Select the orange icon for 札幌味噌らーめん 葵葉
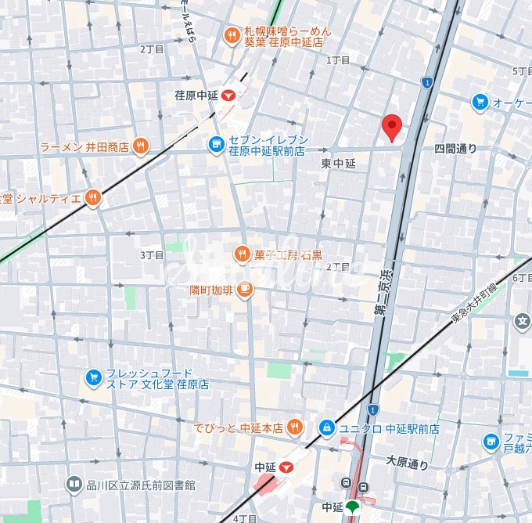[231, 35]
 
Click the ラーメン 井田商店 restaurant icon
[141, 146]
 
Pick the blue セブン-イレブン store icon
[216, 144]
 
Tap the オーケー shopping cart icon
[480, 102]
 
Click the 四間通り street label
[455, 148]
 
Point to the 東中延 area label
[338, 164]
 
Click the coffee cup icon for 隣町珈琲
[244, 289]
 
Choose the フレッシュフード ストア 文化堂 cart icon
[94, 378]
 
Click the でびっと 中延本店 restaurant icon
[294, 427]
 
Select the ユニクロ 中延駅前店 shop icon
[325, 428]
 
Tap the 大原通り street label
[408, 463]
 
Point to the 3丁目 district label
[152, 255]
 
